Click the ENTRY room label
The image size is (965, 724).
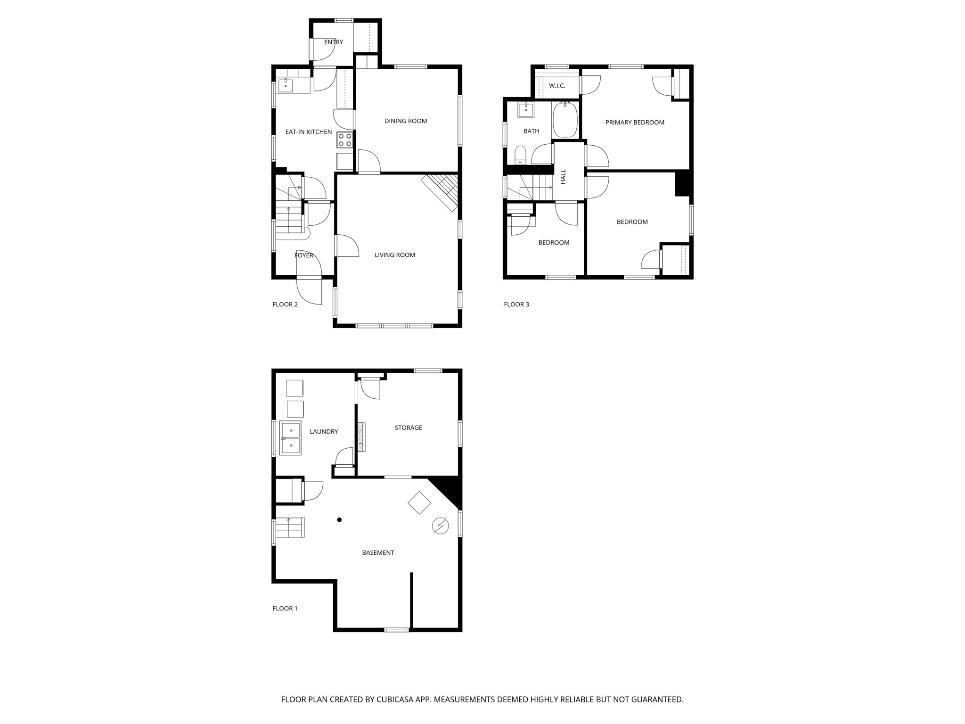[x=333, y=42]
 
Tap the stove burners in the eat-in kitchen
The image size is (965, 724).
[x=344, y=140]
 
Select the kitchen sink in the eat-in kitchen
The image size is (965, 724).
[x=286, y=86]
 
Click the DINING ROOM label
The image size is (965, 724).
[x=405, y=121]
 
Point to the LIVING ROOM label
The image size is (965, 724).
[x=394, y=255]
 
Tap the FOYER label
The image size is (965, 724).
[x=303, y=255]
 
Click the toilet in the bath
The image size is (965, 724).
[x=520, y=155]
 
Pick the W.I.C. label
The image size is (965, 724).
[x=556, y=86]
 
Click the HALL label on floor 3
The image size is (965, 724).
[x=563, y=177]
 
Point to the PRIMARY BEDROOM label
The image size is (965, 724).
[x=634, y=123]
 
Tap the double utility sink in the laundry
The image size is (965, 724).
[x=291, y=438]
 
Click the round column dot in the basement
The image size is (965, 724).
[x=339, y=520]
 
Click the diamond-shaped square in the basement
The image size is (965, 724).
[x=419, y=503]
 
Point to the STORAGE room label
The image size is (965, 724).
[x=408, y=428]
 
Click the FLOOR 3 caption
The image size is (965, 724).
[x=516, y=304]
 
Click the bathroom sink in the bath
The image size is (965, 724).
[x=525, y=110]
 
